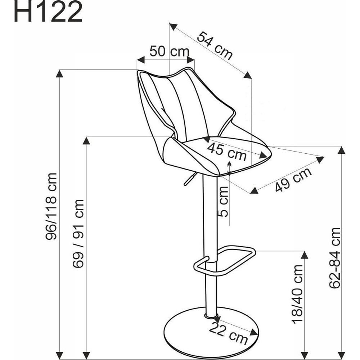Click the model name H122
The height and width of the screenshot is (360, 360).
pos(48,12)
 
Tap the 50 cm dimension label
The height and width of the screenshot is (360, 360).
pos(170,51)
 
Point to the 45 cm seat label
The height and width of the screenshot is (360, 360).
pos(227,151)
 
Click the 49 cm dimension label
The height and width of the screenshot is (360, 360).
pos(293,180)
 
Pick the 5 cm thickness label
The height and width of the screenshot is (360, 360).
pos(223,202)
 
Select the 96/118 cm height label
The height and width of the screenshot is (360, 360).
pos(51,206)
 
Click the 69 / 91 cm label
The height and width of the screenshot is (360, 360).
pos(78,234)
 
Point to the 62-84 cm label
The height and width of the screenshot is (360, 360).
pos(334,258)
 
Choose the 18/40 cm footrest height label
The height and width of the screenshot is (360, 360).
pos(298,294)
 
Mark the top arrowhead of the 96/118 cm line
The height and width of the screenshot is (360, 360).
pos(59,74)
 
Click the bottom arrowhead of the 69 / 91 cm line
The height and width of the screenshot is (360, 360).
pos(86,355)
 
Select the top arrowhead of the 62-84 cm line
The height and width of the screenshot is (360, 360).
pos(342,150)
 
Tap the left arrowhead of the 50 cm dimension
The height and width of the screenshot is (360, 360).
pos(141,60)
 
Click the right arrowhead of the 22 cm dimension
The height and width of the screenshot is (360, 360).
pos(254,332)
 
